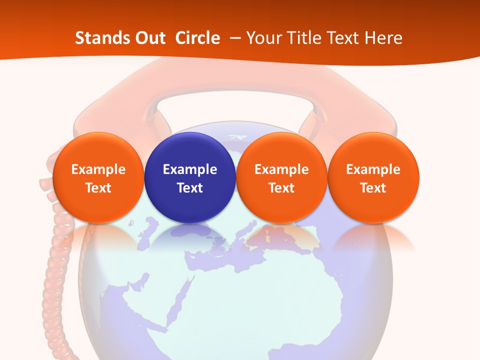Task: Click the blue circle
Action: click(x=190, y=150)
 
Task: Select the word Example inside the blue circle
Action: click(x=190, y=169)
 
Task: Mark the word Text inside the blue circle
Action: click(x=190, y=188)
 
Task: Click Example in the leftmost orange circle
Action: click(x=98, y=169)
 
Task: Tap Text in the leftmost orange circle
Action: click(x=98, y=188)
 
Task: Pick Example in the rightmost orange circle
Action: click(x=373, y=169)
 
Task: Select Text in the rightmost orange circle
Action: click(x=373, y=188)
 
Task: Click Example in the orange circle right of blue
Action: click(x=281, y=169)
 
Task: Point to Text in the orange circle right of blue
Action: click(x=281, y=188)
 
